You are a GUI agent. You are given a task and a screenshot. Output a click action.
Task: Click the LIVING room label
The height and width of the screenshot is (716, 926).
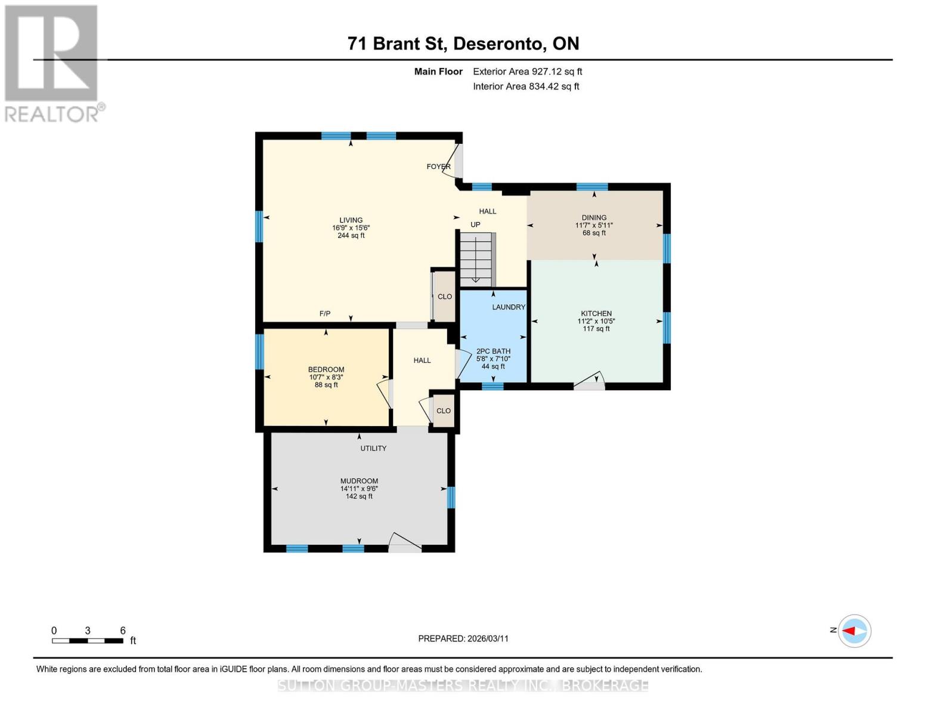(351, 220)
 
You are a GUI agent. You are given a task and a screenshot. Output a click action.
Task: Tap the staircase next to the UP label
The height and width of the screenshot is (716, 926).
(476, 258)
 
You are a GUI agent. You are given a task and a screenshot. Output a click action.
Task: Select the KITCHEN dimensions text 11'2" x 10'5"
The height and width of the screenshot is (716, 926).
(596, 321)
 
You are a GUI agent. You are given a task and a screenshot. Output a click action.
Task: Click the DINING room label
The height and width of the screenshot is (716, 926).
(594, 218)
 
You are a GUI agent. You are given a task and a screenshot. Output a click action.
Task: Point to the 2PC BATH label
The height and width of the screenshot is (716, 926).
(493, 351)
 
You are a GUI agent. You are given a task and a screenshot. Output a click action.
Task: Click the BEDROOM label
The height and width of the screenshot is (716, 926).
(326, 369)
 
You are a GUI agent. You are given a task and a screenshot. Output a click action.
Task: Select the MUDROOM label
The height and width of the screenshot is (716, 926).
(359, 481)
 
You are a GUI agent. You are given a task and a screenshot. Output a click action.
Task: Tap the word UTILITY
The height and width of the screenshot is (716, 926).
(373, 448)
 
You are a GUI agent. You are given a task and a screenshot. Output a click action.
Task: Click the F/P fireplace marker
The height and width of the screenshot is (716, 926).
(325, 314)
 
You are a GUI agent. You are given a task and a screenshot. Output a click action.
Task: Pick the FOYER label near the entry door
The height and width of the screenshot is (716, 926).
(438, 166)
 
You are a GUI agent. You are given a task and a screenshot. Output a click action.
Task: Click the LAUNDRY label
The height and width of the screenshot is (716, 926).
(509, 307)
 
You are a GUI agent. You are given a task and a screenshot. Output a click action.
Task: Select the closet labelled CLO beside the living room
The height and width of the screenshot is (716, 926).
(445, 297)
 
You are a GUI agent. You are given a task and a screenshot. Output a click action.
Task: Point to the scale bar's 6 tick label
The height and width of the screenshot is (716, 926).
(123, 631)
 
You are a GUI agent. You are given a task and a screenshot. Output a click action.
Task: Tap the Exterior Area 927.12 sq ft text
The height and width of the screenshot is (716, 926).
(527, 72)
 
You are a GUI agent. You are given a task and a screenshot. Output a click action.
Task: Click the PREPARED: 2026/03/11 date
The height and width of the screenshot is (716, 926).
(463, 638)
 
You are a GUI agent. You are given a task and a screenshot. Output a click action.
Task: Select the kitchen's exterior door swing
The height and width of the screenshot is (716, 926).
(590, 381)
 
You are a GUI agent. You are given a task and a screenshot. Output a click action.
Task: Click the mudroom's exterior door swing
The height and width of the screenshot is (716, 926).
(405, 542)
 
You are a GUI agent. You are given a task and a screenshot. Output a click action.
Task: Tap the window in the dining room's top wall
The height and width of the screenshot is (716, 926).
(592, 187)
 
